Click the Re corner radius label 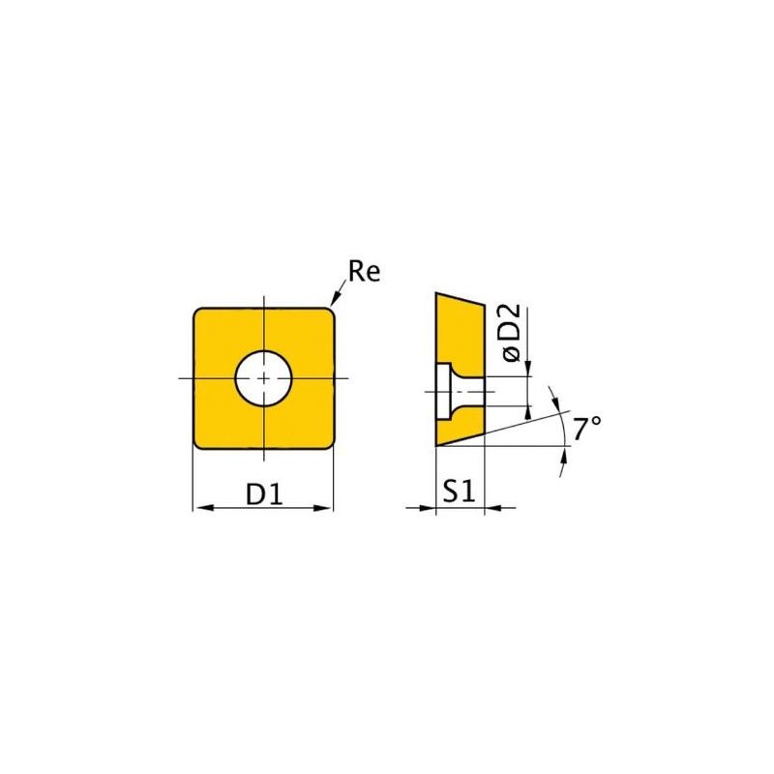pos(365,271)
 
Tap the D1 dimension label pos(264,493)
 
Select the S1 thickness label pos(459,491)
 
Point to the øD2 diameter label pos(511,333)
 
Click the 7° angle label pos(587,428)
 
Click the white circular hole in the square pos(263,378)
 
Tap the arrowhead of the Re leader pos(336,299)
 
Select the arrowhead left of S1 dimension pos(426,507)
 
